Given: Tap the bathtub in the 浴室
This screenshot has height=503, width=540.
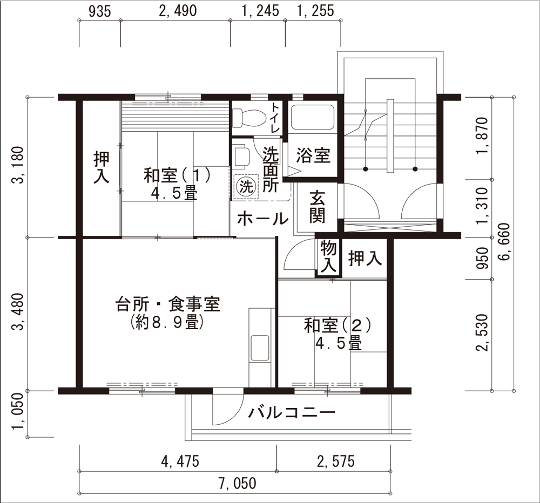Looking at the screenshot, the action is pos(313,117).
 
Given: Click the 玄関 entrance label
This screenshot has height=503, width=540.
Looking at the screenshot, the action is pos(317,207).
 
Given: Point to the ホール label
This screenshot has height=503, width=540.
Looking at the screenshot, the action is pos(263,219).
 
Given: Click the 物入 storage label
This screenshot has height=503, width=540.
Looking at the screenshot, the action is pos(328,257).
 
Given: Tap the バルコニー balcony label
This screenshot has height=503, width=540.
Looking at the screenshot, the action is pos(292,412).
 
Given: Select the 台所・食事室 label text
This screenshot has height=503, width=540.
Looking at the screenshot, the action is pos(167,304).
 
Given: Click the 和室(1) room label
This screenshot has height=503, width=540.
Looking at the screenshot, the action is pos(177,175).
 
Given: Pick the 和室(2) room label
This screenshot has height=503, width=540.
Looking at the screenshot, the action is pos(337,325).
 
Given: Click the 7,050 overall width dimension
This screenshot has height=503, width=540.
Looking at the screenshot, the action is pos(237,483).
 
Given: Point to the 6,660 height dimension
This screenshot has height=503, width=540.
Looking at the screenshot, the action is pos(503,242).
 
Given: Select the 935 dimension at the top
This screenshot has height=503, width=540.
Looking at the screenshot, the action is pos(100,11).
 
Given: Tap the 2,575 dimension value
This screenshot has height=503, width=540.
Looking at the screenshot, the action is pos(335,461).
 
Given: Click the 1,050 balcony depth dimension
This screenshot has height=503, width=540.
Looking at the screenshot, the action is pos(18,411).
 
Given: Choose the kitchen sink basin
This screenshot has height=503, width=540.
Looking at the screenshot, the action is pos(260,348).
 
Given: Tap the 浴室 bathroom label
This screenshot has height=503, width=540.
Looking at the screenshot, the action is pos(313,155).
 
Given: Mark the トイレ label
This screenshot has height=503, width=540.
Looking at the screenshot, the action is pos(276,117).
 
